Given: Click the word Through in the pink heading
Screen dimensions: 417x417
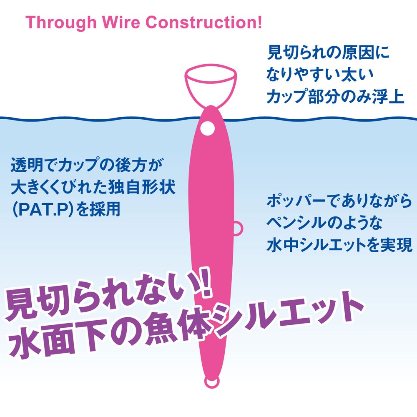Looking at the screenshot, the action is click(x=61, y=23).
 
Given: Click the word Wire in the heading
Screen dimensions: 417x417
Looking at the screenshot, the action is click(x=121, y=22).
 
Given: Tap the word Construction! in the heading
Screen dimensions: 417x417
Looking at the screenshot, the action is click(x=204, y=22).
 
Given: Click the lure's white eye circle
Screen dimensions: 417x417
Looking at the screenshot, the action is click(x=207, y=129).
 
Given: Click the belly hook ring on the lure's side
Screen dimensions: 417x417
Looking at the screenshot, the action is click(x=239, y=229).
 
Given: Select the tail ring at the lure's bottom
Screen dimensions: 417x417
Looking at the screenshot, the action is click(x=212, y=382).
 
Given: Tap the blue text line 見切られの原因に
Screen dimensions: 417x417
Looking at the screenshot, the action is click(x=328, y=53).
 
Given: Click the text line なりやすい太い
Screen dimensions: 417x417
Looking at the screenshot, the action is click(x=320, y=74).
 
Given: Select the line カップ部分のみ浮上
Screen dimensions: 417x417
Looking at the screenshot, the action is click(x=336, y=96).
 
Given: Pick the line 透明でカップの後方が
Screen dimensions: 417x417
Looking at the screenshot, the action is click(x=87, y=165).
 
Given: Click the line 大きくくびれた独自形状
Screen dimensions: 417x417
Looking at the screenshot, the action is click(x=93, y=187).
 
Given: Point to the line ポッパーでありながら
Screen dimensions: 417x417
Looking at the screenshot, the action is click(x=339, y=201).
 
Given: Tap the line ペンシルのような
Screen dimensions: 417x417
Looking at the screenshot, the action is click(x=324, y=223).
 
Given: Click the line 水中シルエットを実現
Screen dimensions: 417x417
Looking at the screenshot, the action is click(x=339, y=245).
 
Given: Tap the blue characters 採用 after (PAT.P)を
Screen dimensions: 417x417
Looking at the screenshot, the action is click(x=105, y=209).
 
